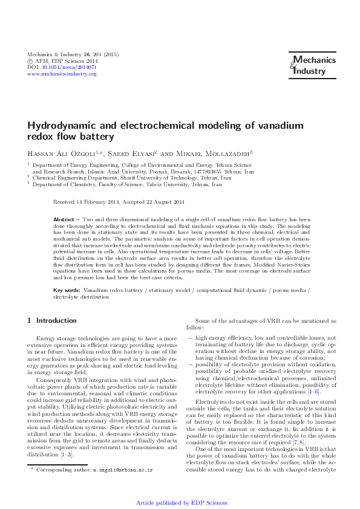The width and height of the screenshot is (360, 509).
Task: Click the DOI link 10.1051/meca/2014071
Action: click(71, 67)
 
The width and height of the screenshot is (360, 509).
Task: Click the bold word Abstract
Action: click(64, 219)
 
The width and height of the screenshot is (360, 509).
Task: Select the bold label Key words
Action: click(67, 291)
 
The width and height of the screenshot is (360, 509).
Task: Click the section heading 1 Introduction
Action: click(53, 320)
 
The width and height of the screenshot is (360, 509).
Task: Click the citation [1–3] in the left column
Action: click(67, 454)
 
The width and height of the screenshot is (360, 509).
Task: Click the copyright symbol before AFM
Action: click(31, 60)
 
